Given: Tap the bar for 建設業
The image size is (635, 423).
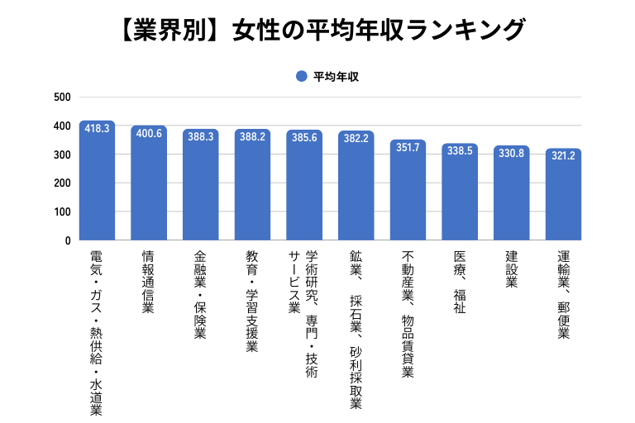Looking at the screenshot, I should click(x=512, y=197).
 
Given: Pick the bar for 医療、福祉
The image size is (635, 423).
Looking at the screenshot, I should click(x=460, y=195).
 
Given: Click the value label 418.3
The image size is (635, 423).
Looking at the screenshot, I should click(x=97, y=129).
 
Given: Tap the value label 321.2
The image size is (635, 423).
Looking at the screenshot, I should click(x=564, y=155).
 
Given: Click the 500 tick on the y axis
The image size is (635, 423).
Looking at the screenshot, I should click(x=62, y=97).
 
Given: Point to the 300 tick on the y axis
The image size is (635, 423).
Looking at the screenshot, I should click(x=62, y=154).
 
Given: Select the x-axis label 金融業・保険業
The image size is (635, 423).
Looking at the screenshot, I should click(x=201, y=295).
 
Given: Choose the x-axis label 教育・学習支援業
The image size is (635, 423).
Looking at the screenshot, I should click(x=253, y=301).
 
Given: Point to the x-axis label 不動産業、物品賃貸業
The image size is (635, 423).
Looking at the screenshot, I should click(x=408, y=313).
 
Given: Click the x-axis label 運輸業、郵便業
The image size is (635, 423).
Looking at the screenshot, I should click(x=564, y=295).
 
